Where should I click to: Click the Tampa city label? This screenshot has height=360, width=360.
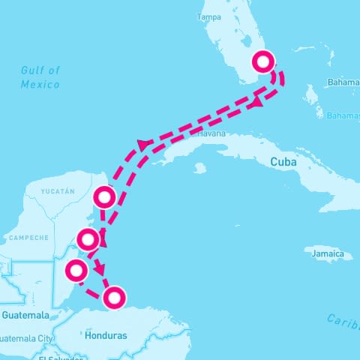pyautogui.click(x=210, y=16)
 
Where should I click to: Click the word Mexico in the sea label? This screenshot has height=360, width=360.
pyautogui.click(x=40, y=84)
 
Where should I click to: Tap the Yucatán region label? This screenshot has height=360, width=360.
pyautogui.click(x=58, y=191)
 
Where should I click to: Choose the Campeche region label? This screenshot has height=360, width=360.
pyautogui.click(x=28, y=238)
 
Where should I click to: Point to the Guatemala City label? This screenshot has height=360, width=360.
pyautogui.click(x=27, y=338)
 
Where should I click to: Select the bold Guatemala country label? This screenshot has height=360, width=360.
pyautogui.click(x=25, y=315)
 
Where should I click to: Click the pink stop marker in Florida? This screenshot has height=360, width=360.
pyautogui.click(x=264, y=61)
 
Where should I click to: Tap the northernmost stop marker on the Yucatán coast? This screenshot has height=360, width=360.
pyautogui.click(x=104, y=197)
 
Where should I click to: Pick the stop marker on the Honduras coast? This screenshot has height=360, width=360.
pyautogui.click(x=114, y=298)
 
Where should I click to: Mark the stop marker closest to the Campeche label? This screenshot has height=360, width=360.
pyautogui.click(x=88, y=240)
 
